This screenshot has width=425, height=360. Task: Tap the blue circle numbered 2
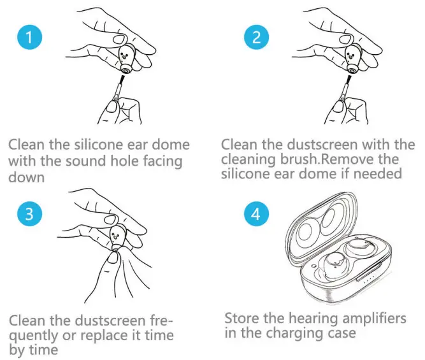click(256, 38)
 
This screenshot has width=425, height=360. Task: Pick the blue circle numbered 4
click(256, 215)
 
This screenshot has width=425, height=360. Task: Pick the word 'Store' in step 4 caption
click(243, 318)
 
